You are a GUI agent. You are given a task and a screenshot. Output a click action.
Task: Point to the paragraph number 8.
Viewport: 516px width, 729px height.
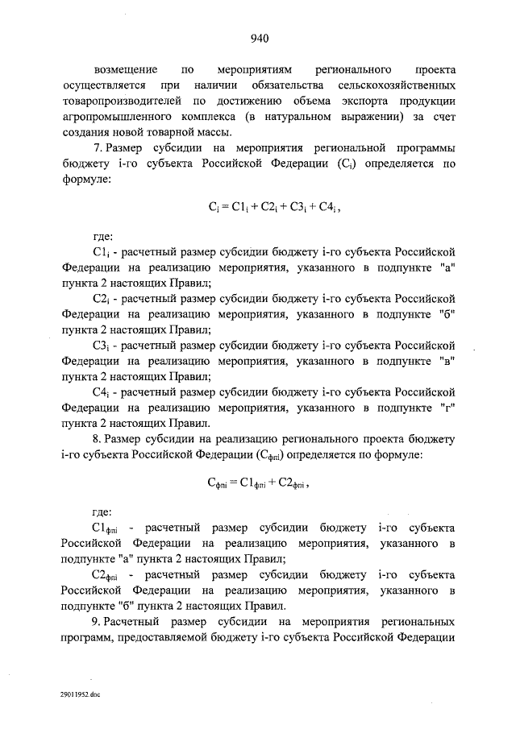[98, 440]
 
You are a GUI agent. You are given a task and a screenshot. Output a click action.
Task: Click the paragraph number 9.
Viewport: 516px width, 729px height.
[98, 622]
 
